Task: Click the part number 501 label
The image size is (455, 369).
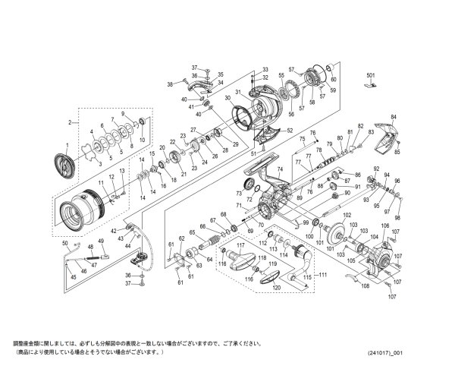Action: click(x=371, y=76)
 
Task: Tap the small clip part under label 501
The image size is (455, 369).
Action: click(x=370, y=86)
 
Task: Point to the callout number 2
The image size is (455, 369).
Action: click(x=70, y=122)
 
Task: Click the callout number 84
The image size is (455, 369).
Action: click(x=394, y=117)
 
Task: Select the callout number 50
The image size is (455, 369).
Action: click(x=65, y=244)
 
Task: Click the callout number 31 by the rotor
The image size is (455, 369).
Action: click(x=236, y=93)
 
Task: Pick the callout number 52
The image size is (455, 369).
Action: click(x=289, y=131)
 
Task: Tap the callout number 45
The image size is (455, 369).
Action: click(x=73, y=278)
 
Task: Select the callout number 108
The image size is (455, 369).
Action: click(x=365, y=286)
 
